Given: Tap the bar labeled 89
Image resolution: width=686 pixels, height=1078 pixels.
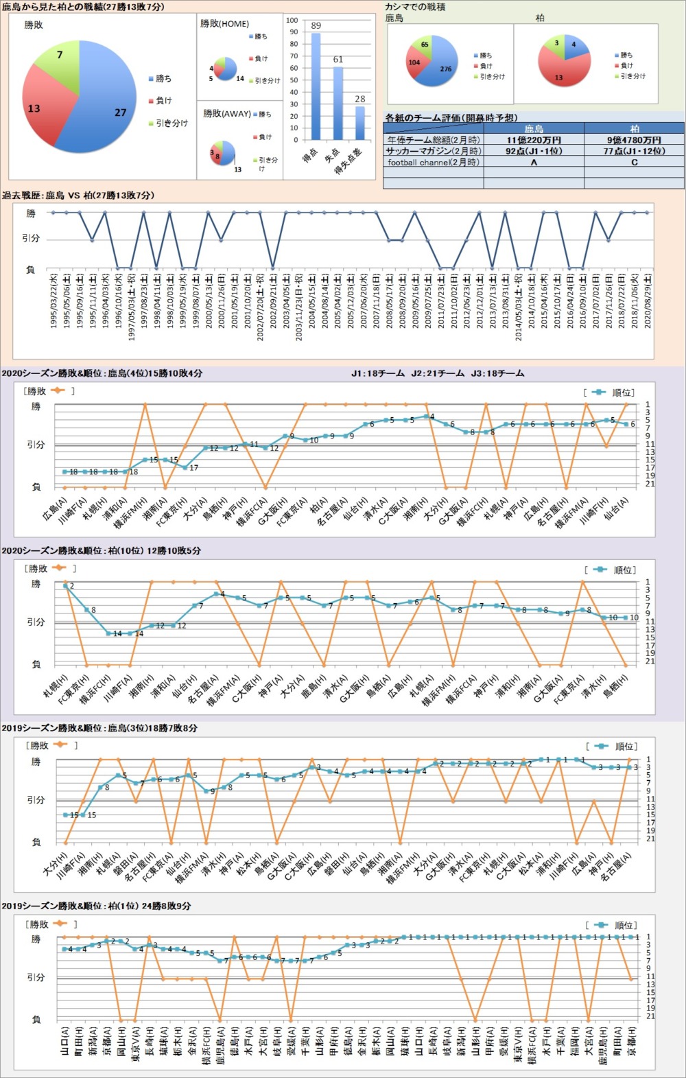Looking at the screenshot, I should click(316, 86).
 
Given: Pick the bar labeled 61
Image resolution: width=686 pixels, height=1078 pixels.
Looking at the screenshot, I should click(338, 103).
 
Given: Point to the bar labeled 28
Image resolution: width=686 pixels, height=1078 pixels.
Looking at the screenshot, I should click(360, 123).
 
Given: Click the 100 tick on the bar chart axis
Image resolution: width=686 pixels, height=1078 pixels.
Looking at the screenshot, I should click(292, 21).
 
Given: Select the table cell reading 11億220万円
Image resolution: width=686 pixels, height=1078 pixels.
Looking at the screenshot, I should click(534, 140).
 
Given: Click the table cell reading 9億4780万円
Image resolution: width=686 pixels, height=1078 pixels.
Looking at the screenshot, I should click(634, 140).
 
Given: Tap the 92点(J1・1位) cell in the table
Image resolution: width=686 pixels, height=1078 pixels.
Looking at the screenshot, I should click(534, 151).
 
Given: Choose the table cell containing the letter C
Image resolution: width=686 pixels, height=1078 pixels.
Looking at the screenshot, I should click(634, 163).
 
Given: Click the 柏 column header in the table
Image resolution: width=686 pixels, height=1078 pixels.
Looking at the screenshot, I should click(634, 128).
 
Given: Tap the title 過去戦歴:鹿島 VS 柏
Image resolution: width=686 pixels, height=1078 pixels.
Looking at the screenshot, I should click(78, 196).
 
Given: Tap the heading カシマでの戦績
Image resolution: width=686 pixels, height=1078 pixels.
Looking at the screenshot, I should click(415, 7).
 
